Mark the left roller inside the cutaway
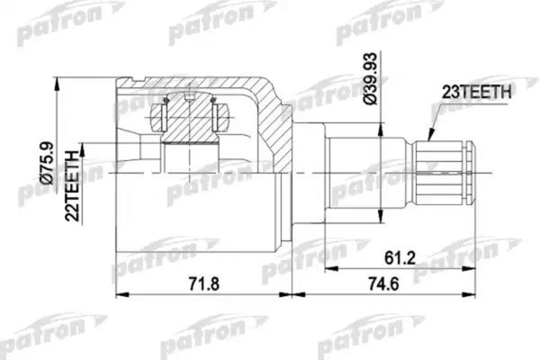click(x=163, y=116)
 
